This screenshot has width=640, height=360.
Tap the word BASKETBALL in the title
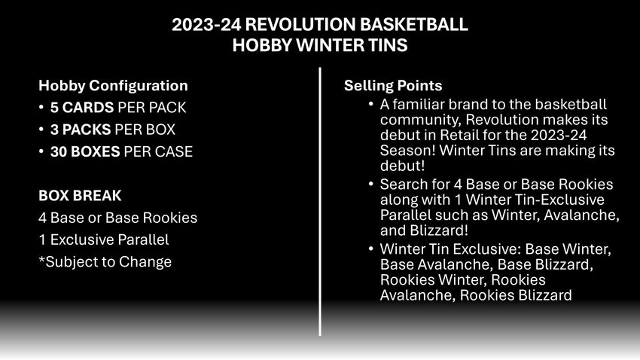click(x=414, y=25)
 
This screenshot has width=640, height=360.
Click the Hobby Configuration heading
click(x=113, y=86)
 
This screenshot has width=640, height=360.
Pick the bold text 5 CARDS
click(x=82, y=108)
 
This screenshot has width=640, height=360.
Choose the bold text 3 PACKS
click(x=81, y=130)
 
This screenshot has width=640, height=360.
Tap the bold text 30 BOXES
click(x=85, y=152)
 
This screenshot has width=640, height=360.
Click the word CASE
click(x=176, y=152)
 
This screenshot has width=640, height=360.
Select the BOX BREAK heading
click(x=80, y=196)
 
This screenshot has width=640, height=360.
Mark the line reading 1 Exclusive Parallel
click(x=104, y=239)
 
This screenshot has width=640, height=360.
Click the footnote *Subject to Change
click(x=105, y=261)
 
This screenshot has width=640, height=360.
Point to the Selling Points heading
click(x=393, y=86)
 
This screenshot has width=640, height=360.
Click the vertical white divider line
click(x=320, y=202)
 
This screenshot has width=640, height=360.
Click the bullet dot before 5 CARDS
click(x=41, y=108)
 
